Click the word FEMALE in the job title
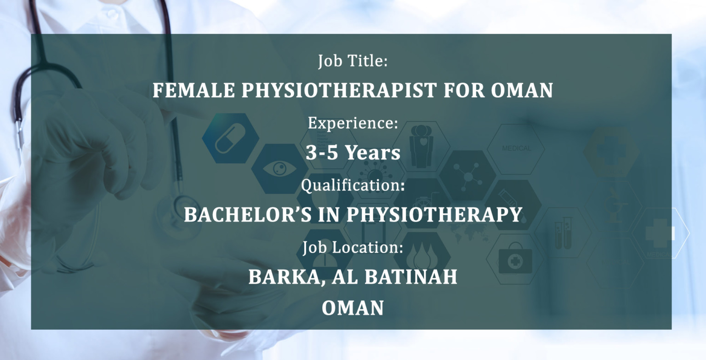pyautogui.click(x=194, y=90)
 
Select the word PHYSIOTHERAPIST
pyautogui.click(x=339, y=90)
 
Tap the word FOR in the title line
pyautogui.click(x=464, y=90)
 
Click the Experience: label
pyautogui.click(x=353, y=123)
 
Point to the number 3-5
pyautogui.click(x=322, y=152)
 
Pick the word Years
pyautogui.click(x=373, y=152)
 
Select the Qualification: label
pyautogui.click(x=353, y=185)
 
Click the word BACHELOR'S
pyautogui.click(x=248, y=214)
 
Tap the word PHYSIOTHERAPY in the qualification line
pyautogui.click(x=435, y=214)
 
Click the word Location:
pyautogui.click(x=368, y=247)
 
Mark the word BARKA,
pyautogui.click(x=287, y=277)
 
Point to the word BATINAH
pyautogui.click(x=410, y=277)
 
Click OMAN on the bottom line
pyautogui.click(x=353, y=308)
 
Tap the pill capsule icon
pyautogui.click(x=230, y=138)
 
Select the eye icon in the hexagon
pyautogui.click(x=279, y=169)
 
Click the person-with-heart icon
pyautogui.click(x=421, y=145)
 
